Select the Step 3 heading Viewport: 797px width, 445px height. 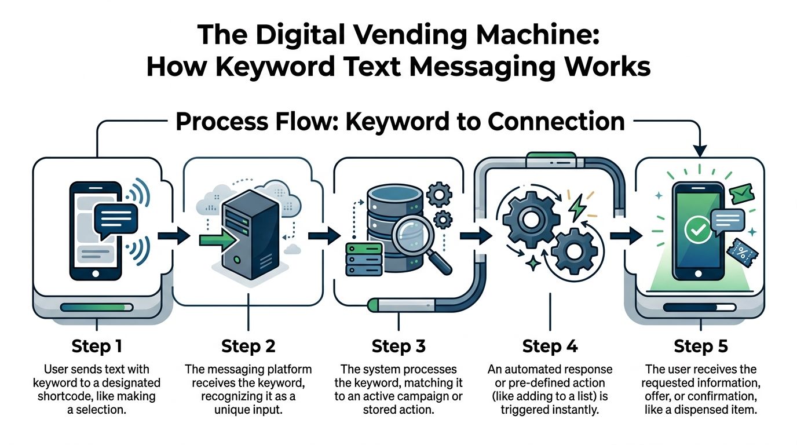pos(398,346)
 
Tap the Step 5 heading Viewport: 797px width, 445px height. pos(700,346)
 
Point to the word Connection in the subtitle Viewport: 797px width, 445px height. pos(556,122)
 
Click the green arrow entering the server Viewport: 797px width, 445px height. pos(215,239)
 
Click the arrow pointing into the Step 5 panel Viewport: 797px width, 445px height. pos(626,235)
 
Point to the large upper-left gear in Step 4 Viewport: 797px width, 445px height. pos(531,220)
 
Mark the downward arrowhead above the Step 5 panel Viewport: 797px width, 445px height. pos(700,151)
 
